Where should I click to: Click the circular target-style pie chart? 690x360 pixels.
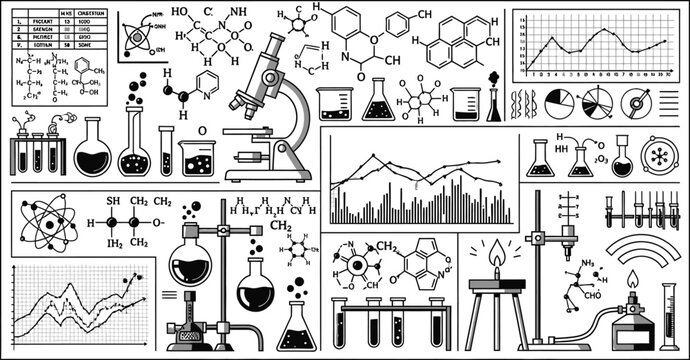click(636, 102)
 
